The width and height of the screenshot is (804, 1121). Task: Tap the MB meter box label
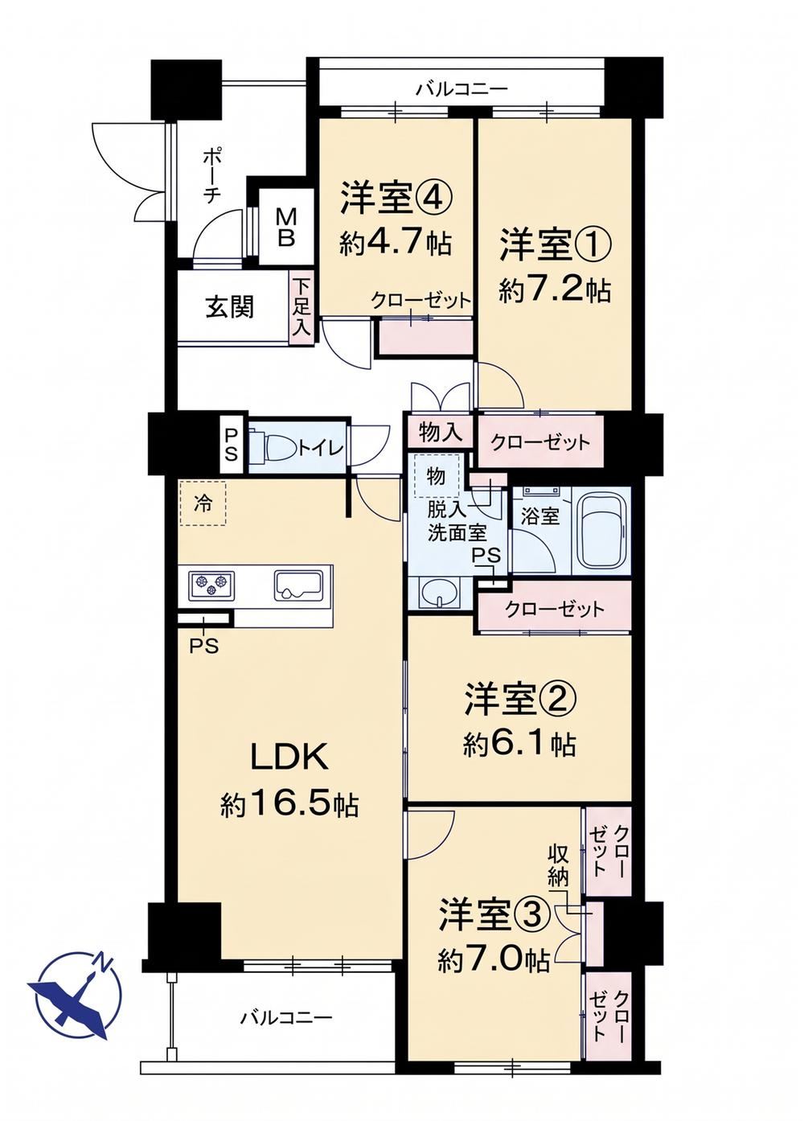coord(285,228)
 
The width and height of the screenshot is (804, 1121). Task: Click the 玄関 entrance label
coord(230,306)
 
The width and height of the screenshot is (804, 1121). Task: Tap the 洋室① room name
coord(555,243)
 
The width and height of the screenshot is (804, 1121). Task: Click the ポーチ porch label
coord(211,175)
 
